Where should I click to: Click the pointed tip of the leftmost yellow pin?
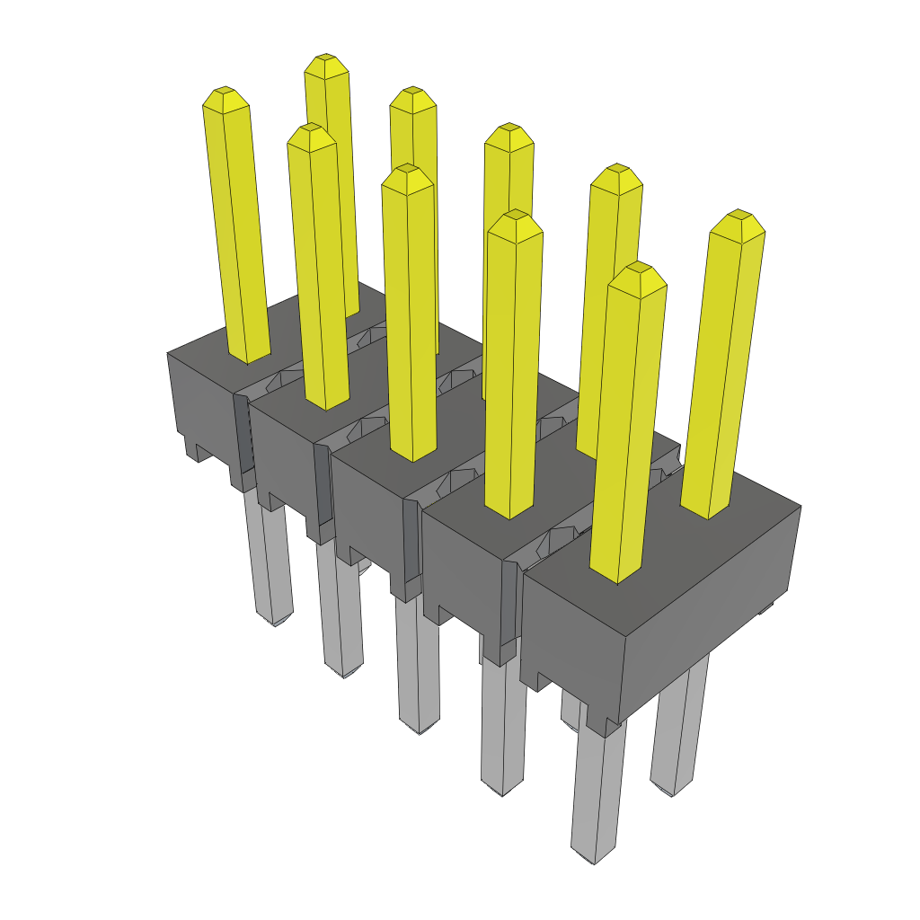point(224,93)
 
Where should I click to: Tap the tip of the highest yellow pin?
point(325,60)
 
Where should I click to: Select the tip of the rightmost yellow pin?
point(739,217)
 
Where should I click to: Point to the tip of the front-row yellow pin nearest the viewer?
point(637,269)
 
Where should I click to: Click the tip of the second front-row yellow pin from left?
point(311,130)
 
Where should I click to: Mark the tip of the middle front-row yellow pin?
point(407,171)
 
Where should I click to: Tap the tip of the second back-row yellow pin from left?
point(412,93)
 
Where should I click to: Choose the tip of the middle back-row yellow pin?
point(509,129)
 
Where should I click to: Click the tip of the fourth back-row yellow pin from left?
point(617,170)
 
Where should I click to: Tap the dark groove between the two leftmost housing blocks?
point(243,431)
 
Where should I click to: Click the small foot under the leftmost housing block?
point(193,449)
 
